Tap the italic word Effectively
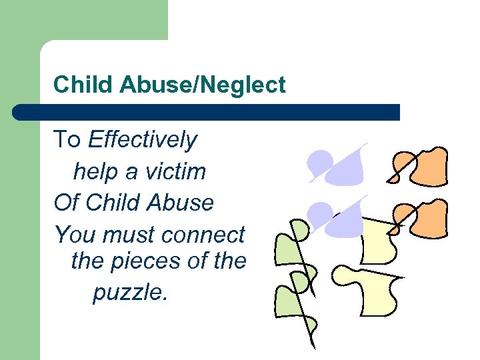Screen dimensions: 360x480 [143, 140]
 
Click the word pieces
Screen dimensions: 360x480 [145, 261]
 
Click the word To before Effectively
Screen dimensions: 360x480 [67, 140]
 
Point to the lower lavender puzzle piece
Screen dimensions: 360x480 [340, 217]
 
